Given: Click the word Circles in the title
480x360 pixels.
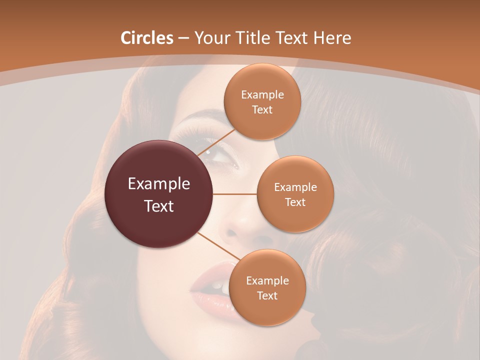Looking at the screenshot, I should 146,38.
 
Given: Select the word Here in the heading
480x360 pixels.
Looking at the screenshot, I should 332,38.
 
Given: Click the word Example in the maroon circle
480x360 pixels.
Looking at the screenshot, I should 159,184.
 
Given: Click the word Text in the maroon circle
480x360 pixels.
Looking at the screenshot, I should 159,206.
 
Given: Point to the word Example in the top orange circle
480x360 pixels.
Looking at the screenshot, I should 262,95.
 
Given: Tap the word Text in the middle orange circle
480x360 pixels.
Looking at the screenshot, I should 295,202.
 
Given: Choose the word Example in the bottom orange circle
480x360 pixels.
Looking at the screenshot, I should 267,281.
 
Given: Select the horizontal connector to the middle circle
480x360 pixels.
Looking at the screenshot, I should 235,194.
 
